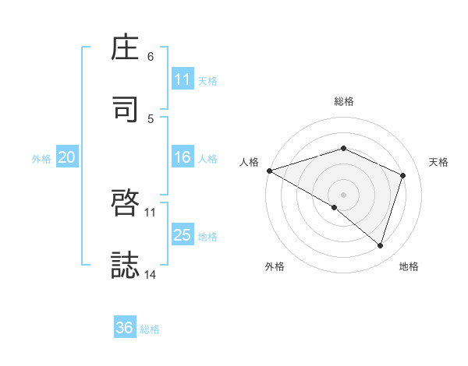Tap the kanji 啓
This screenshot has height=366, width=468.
pyautogui.click(x=126, y=202)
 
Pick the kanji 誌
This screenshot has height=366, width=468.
pyautogui.click(x=126, y=265)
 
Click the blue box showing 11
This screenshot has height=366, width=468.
pyautogui.click(x=182, y=79)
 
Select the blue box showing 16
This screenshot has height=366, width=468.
pyautogui.click(x=182, y=157)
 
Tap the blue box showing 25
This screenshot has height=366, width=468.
pyautogui.click(x=182, y=235)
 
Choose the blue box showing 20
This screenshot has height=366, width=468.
pyautogui.click(x=66, y=157)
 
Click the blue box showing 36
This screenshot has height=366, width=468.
pyautogui.click(x=125, y=328)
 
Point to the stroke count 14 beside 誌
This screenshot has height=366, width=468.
pyautogui.click(x=151, y=274)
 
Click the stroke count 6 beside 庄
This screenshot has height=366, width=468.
pyautogui.click(x=151, y=56)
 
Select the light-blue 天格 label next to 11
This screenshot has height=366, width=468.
pyautogui.click(x=207, y=80)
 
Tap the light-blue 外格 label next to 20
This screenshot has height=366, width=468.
pyautogui.click(x=41, y=158)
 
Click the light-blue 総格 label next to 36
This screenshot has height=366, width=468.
pyautogui.click(x=150, y=329)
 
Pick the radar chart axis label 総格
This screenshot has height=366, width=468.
pyautogui.click(x=344, y=101)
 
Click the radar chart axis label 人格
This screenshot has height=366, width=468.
pyautogui.click(x=249, y=162)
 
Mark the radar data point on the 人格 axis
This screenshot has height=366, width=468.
pyautogui.click(x=269, y=171)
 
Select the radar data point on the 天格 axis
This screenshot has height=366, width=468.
pyautogui.click(x=403, y=175)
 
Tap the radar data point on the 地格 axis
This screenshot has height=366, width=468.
pyautogui.click(x=380, y=246)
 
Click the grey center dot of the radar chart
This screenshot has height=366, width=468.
pyautogui.click(x=343, y=194)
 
